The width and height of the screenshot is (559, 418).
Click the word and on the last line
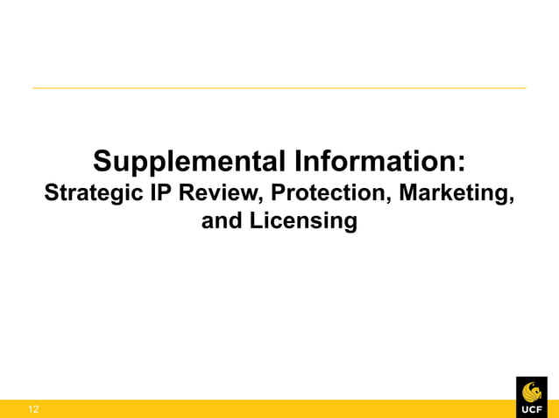pos(222,221)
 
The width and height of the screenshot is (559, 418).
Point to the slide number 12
pos(33,409)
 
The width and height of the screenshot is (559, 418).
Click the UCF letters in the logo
pos(531,409)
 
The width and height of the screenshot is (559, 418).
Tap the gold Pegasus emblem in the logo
pos(531,390)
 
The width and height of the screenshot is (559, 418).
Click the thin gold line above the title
pos(279,87)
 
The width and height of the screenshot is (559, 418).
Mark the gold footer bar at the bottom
pos(263,408)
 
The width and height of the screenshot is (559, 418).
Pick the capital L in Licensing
pos(255,220)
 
